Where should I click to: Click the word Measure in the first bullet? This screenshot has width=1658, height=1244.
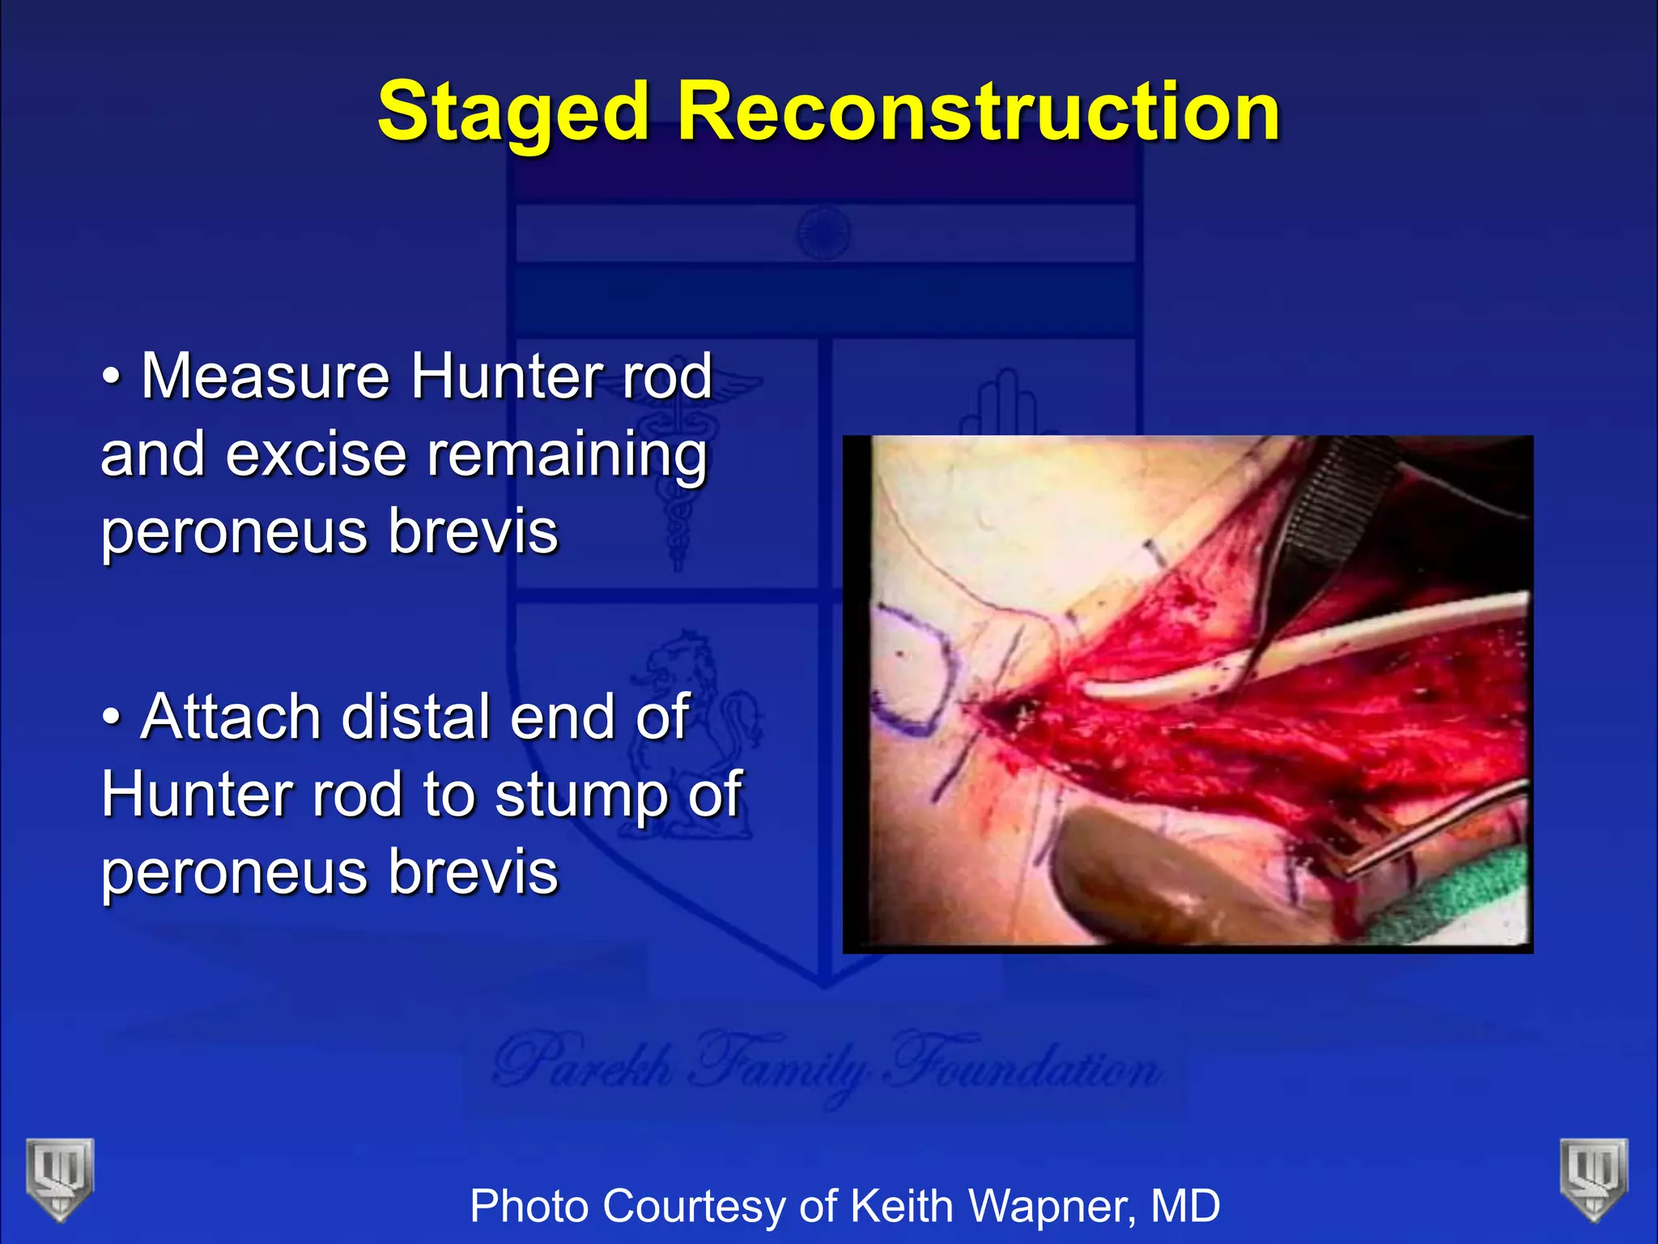(x=265, y=377)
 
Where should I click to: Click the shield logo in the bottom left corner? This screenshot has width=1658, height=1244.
(x=59, y=1178)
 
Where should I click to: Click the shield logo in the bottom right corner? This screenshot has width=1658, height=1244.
(x=1593, y=1178)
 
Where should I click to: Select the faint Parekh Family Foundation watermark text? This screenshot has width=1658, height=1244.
(x=826, y=1065)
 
